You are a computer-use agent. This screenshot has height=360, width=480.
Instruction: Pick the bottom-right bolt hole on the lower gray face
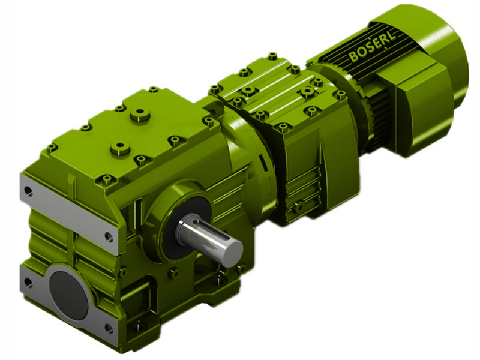coord(109,328)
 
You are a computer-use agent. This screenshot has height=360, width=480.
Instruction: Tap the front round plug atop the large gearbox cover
coord(122,147)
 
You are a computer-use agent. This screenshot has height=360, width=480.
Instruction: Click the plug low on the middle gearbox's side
coord(298,207)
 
